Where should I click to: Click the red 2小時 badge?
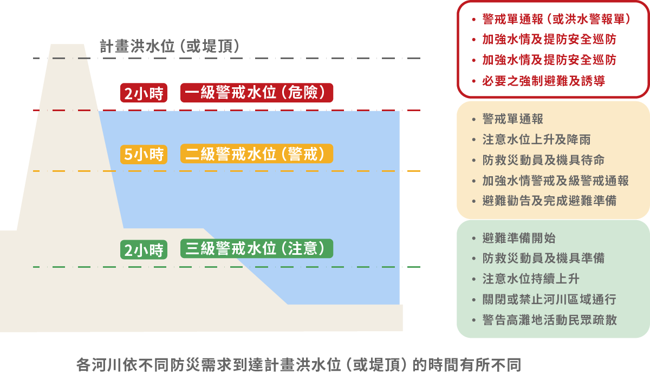click(144, 93)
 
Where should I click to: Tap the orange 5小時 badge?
click(144, 155)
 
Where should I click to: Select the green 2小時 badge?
click(144, 249)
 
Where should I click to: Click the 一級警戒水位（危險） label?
click(257, 93)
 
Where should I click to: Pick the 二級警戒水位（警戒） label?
click(257, 154)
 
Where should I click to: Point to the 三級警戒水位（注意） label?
click(257, 249)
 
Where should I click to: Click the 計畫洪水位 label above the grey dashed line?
click(170, 47)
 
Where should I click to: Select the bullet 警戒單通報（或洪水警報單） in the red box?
click(556, 20)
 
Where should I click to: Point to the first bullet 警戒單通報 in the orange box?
click(512, 119)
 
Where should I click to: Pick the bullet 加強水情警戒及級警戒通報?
click(555, 181)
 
